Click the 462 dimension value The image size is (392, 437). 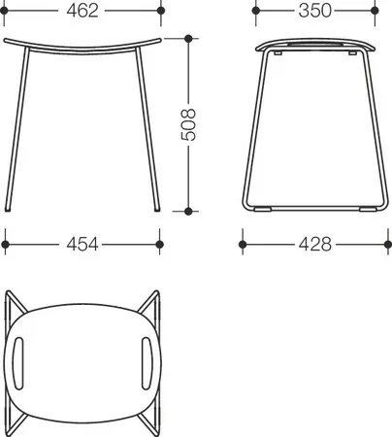pyautogui.click(x=82, y=11)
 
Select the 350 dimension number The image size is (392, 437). pyautogui.click(x=314, y=11)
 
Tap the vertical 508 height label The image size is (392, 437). pyautogui.click(x=188, y=124)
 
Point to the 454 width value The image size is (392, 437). pyautogui.click(x=82, y=245)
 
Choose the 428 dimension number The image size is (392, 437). pyautogui.click(x=315, y=245)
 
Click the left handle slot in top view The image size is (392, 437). pyautogui.click(x=18, y=363)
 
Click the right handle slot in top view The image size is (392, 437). pyautogui.click(x=147, y=363)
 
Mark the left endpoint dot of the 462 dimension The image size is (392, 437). pyautogui.click(x=4, y=11)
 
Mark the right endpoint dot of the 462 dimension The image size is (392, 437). pyautogui.click(x=161, y=11)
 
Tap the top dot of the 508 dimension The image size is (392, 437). pyautogui.click(x=188, y=39)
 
